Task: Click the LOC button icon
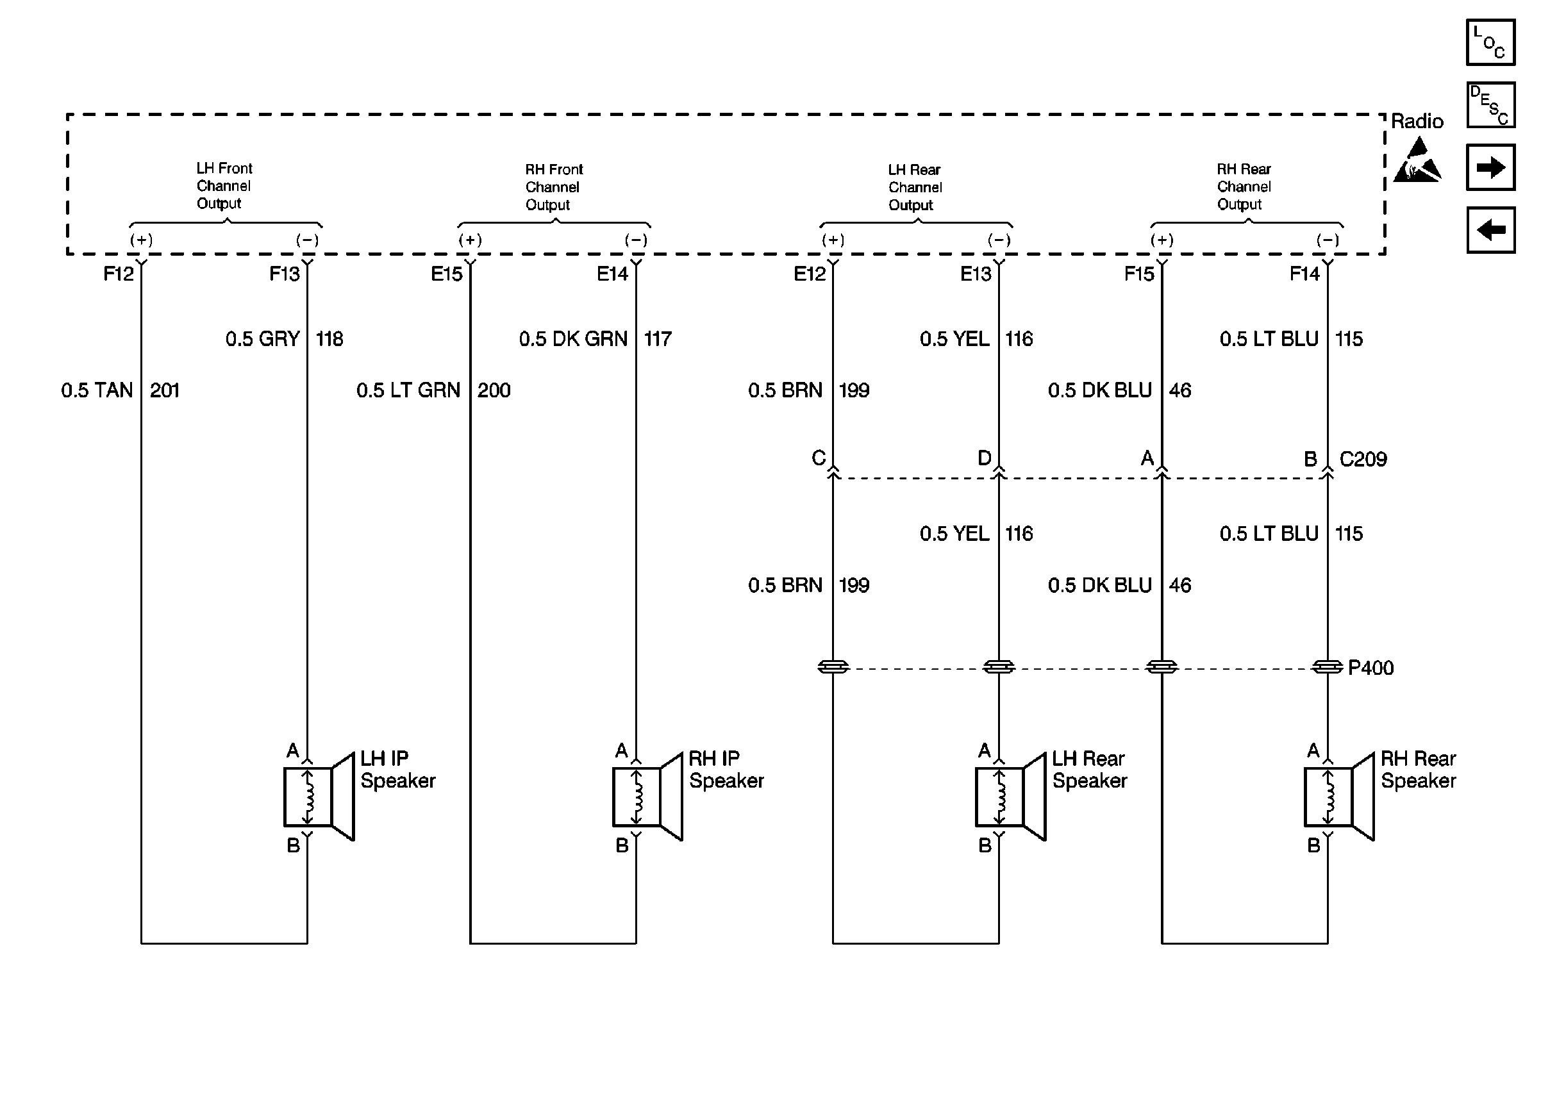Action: pyautogui.click(x=1490, y=42)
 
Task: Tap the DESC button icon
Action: pyautogui.click(x=1490, y=105)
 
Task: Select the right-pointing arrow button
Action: pyautogui.click(x=1490, y=167)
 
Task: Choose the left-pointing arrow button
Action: pyautogui.click(x=1490, y=230)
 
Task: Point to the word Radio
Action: pyautogui.click(x=1417, y=121)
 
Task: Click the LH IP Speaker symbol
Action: pyautogui.click(x=319, y=797)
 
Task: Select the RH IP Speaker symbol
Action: pyautogui.click(x=647, y=797)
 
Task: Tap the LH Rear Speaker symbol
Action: pyautogui.click(x=1010, y=797)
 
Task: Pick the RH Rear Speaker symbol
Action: pyautogui.click(x=1339, y=797)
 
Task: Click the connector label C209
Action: pyautogui.click(x=1363, y=459)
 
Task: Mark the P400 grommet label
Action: pyautogui.click(x=1370, y=668)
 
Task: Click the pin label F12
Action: pyautogui.click(x=119, y=274)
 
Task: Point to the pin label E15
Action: pyautogui.click(x=446, y=274)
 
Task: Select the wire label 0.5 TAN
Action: pyautogui.click(x=97, y=390)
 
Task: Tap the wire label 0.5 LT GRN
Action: pyautogui.click(x=408, y=390)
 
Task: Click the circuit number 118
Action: pyautogui.click(x=329, y=339)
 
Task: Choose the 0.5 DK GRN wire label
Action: pyautogui.click(x=573, y=339)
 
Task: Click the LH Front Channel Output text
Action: pyautogui.click(x=224, y=186)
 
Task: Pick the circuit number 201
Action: pyautogui.click(x=165, y=390)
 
